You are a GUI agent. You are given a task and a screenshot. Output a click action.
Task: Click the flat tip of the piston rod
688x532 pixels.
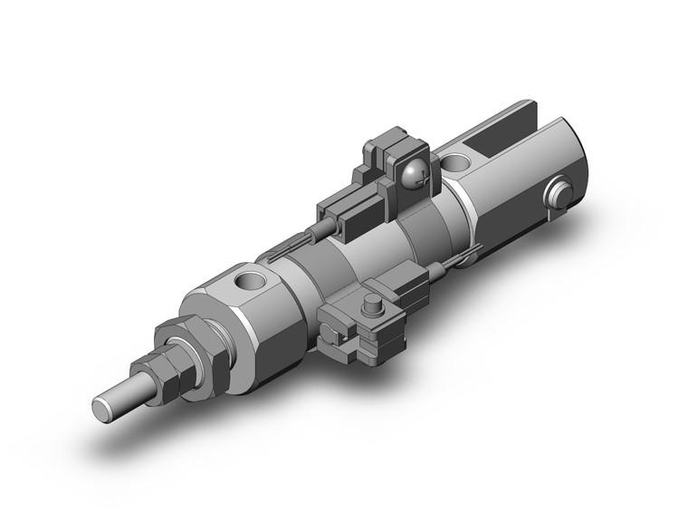point(102,407)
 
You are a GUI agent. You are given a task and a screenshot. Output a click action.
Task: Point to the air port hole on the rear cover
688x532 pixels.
point(458,165)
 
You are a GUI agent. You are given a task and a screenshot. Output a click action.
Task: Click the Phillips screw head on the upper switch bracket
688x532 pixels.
point(417,174)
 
